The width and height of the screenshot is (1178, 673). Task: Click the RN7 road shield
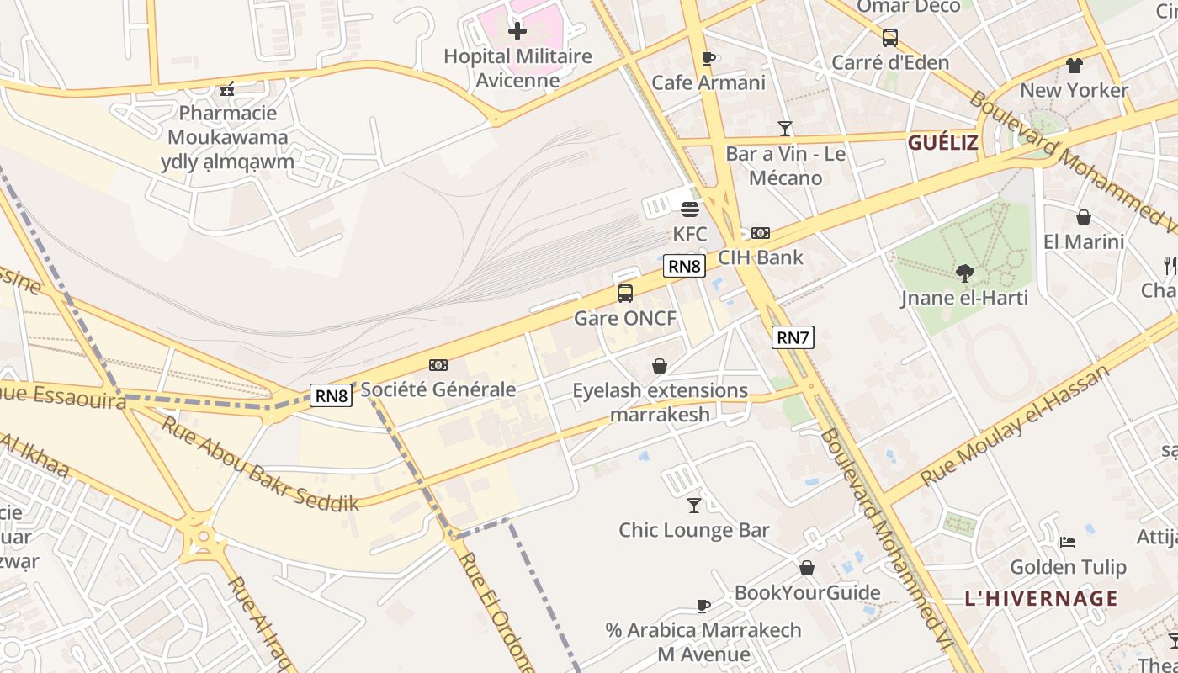tap(793, 338)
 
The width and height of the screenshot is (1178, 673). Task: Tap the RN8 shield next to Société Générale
tap(331, 395)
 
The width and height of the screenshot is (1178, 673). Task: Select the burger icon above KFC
tap(690, 209)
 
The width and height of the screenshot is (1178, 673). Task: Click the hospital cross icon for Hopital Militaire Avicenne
tap(517, 32)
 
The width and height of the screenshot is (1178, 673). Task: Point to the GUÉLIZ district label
tap(942, 143)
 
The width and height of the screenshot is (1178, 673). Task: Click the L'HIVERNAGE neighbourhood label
tap(1041, 599)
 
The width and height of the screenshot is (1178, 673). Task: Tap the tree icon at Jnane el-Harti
tap(964, 273)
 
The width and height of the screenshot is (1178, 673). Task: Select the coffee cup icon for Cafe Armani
tap(708, 58)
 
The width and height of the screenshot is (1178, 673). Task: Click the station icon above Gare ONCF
tap(625, 294)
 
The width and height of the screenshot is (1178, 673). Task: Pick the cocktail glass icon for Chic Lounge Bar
tap(694, 505)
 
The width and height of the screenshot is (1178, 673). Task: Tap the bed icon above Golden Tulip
tap(1068, 543)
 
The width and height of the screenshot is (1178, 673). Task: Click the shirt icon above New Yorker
tap(1074, 65)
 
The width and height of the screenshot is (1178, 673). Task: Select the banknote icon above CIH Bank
tap(761, 233)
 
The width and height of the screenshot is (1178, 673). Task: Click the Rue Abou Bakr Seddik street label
tap(260, 464)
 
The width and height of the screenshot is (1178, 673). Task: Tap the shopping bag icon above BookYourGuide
tap(807, 568)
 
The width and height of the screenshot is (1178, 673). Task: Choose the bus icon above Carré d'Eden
tap(890, 38)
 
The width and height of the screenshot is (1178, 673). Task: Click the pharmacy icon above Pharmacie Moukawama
tap(226, 88)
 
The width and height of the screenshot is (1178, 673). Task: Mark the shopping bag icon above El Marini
tap(1084, 217)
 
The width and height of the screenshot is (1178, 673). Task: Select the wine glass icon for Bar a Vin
tap(785, 129)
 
